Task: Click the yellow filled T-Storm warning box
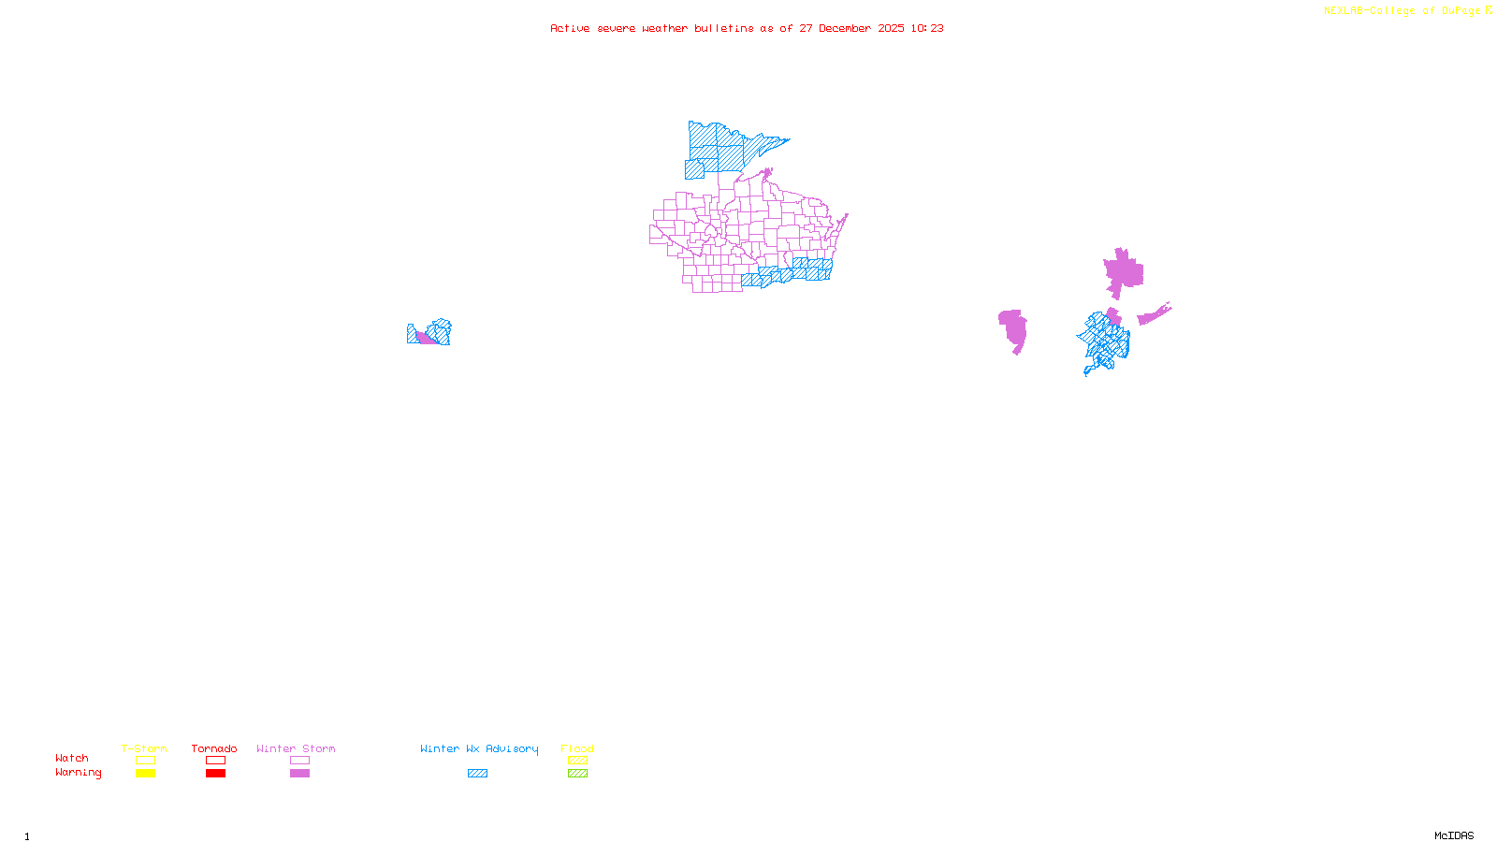[x=145, y=774]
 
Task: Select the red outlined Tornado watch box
[x=215, y=761]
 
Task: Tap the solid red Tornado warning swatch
[x=215, y=774]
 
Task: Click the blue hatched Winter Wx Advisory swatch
[x=477, y=774]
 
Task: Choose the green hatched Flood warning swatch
[x=577, y=774]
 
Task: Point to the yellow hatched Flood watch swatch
[x=577, y=761]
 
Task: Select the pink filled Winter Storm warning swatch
[x=299, y=774]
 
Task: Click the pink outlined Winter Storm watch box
[x=299, y=761]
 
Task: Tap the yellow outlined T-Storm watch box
[x=145, y=761]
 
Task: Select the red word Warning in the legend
[x=78, y=773]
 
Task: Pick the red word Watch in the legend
[x=72, y=759]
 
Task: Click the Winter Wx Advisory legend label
[x=479, y=748]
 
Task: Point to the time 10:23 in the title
[x=927, y=28]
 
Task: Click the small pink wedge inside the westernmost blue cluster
[x=426, y=338]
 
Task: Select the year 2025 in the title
[x=892, y=28]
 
